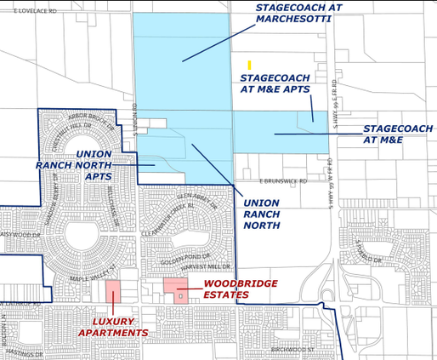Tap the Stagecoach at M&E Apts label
(275, 83)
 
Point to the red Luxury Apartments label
(113, 328)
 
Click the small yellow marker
(249, 65)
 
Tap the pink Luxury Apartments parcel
(112, 291)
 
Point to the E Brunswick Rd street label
(283, 181)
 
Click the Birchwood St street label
(292, 349)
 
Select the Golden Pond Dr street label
(185, 257)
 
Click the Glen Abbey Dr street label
(201, 202)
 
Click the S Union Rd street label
(135, 115)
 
